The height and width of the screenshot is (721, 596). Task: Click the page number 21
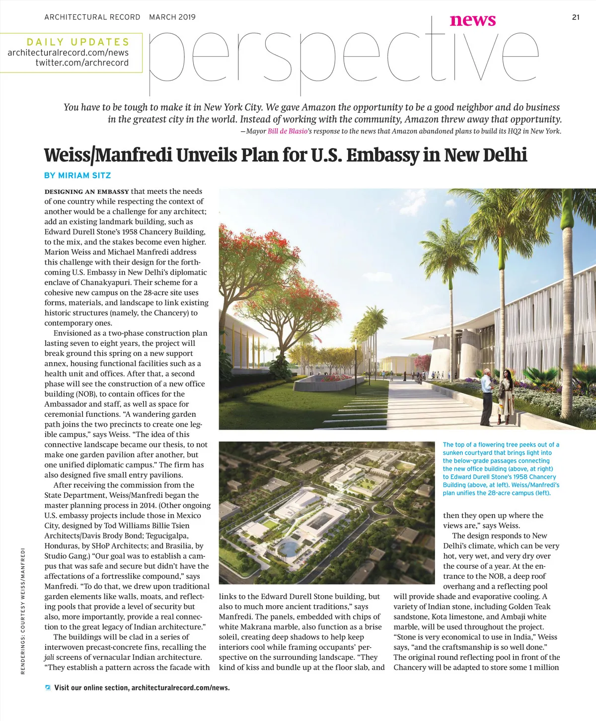click(576, 17)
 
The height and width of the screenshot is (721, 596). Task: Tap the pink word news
click(472, 20)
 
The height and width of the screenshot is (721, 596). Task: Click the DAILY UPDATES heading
click(78, 42)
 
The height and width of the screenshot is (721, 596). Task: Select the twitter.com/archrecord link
click(82, 63)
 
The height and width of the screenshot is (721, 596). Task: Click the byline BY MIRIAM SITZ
click(77, 176)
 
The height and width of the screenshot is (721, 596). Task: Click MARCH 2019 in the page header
click(172, 17)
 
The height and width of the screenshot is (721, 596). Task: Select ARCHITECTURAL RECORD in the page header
click(92, 17)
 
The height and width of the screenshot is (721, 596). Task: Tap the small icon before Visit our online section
click(48, 688)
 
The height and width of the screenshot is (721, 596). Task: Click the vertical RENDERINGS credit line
click(23, 611)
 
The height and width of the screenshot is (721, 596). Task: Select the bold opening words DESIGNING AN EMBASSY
click(87, 191)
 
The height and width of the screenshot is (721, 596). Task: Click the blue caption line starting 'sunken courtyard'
click(497, 452)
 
